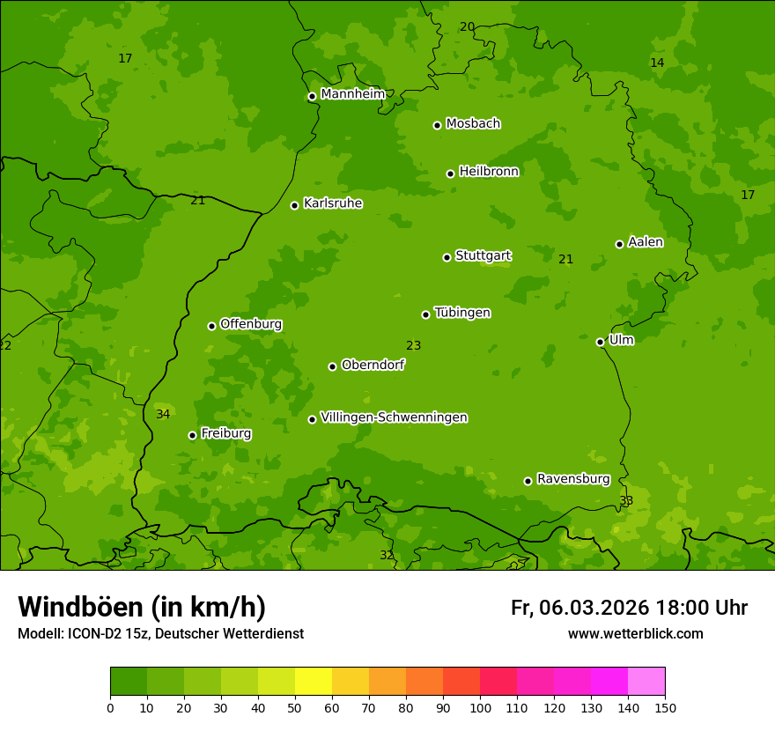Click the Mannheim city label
tap(352, 93)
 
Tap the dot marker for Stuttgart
tap(447, 257)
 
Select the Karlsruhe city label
tap(333, 203)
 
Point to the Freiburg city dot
tap(192, 435)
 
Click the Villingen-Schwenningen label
tap(394, 417)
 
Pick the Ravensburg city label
tap(573, 479)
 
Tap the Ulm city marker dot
tap(600, 342)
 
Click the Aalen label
tap(646, 242)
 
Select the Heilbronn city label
tap(489, 172)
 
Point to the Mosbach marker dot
tap(437, 125)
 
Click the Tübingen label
tap(462, 313)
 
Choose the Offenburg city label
tap(251, 324)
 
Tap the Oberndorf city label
tap(373, 365)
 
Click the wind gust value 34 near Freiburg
tap(163, 414)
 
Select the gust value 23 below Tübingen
tap(413, 346)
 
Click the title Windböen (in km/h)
tap(142, 607)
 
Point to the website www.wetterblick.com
tap(635, 634)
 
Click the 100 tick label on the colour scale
tap(480, 708)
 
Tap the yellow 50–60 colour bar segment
tap(314, 682)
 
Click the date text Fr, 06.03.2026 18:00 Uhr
tap(629, 608)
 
